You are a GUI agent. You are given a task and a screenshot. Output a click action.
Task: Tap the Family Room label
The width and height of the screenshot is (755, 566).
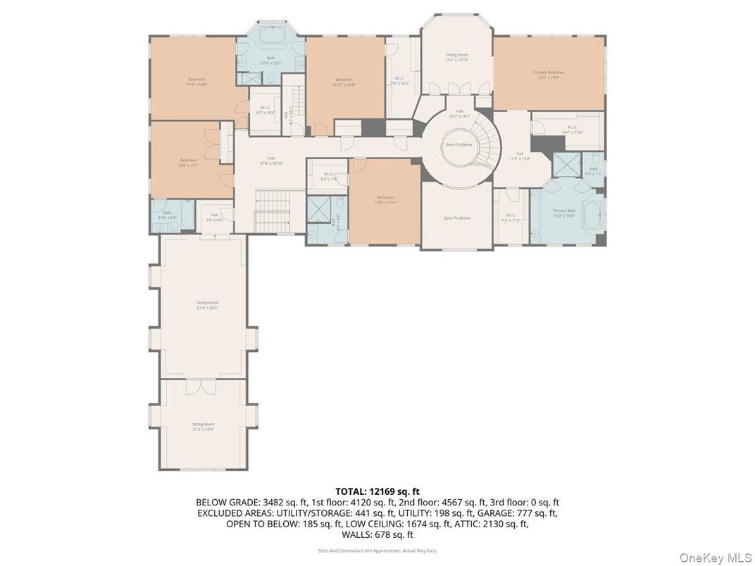(x=207, y=305)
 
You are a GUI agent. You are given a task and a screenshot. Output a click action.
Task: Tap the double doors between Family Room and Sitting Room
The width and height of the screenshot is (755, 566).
(x=197, y=386)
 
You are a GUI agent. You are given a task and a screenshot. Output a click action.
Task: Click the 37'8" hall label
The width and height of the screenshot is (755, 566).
(x=270, y=161)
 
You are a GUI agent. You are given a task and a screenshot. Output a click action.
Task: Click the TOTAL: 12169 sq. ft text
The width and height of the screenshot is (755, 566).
(x=377, y=491)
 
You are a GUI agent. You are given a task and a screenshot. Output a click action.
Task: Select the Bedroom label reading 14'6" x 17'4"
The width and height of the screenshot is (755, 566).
(x=385, y=200)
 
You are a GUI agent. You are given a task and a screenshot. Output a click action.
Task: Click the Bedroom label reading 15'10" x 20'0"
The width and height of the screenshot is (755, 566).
(x=344, y=82)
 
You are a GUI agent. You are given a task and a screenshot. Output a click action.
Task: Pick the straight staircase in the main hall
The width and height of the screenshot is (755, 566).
(x=273, y=210)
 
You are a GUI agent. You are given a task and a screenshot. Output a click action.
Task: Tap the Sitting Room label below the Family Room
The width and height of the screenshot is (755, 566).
(x=203, y=427)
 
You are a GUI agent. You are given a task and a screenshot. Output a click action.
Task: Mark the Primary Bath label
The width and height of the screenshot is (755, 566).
(x=564, y=213)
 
